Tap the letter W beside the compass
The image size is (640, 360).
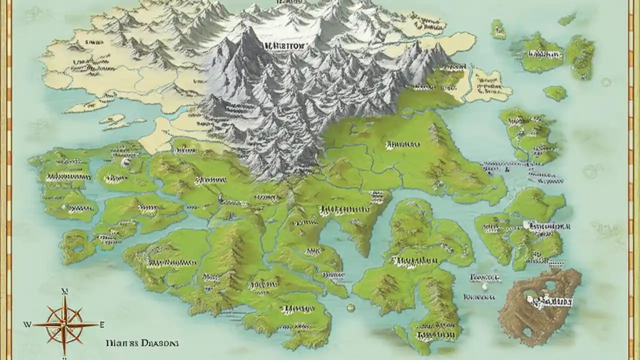(x=27, y=324)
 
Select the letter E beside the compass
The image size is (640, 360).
(x=102, y=324)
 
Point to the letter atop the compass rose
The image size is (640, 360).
(x=64, y=290)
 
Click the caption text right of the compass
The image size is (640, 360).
(x=142, y=343)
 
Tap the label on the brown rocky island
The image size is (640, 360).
(x=549, y=301)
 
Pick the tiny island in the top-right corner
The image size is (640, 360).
(x=567, y=19)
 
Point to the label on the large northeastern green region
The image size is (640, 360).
(x=402, y=144)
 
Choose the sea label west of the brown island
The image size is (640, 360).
(x=484, y=276)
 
